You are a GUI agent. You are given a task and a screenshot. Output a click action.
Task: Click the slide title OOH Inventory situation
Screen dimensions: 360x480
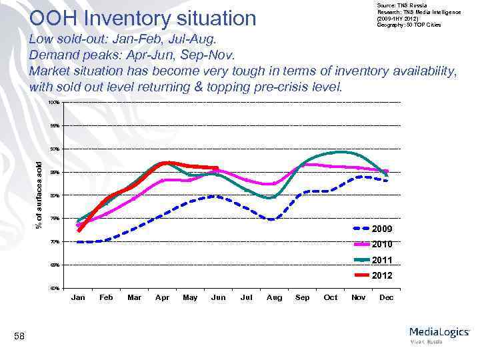click(143, 17)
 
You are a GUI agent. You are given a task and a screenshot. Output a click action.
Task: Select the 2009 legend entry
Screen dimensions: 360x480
click(382, 229)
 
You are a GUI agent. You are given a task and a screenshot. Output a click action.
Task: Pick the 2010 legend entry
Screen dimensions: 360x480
click(382, 244)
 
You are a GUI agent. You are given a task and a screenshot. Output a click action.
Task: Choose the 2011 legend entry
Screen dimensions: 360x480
click(382, 260)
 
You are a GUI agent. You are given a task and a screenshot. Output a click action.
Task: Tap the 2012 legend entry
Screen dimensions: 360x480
click(382, 275)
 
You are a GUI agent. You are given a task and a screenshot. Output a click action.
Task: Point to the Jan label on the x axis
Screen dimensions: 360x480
click(78, 297)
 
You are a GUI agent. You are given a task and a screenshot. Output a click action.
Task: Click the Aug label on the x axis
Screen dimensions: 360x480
click(274, 297)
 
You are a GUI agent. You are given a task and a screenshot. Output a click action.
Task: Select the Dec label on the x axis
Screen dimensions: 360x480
click(386, 297)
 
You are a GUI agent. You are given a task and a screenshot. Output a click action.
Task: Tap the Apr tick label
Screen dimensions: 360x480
click(162, 297)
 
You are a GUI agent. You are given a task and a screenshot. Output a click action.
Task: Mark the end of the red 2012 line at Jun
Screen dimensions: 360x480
click(217, 168)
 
